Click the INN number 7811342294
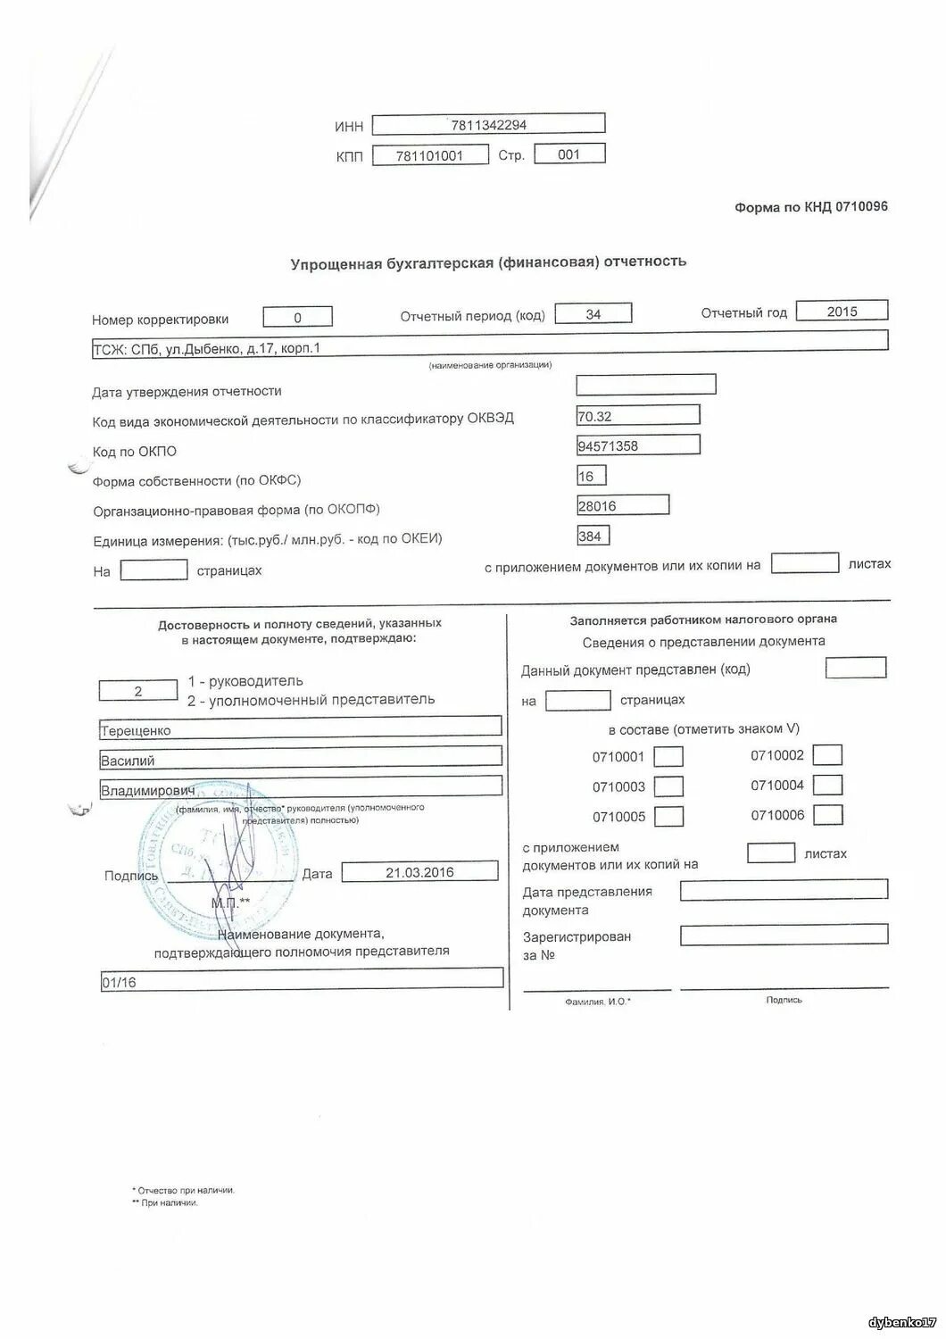coord(488,125)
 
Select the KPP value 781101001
coord(429,155)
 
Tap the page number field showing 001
coord(569,154)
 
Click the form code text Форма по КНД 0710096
coord(810,207)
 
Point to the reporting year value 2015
coord(842,312)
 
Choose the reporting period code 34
coord(593,314)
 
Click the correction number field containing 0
coord(298,318)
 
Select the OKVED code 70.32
coord(638,416)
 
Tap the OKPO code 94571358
coord(638,445)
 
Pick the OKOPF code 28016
coord(623,506)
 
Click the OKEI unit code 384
coord(593,536)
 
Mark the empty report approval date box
coord(646,385)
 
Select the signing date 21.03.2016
coord(419,872)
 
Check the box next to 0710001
coord(668,757)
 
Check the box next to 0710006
coord(828,815)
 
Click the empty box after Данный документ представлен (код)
coord(856,668)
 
